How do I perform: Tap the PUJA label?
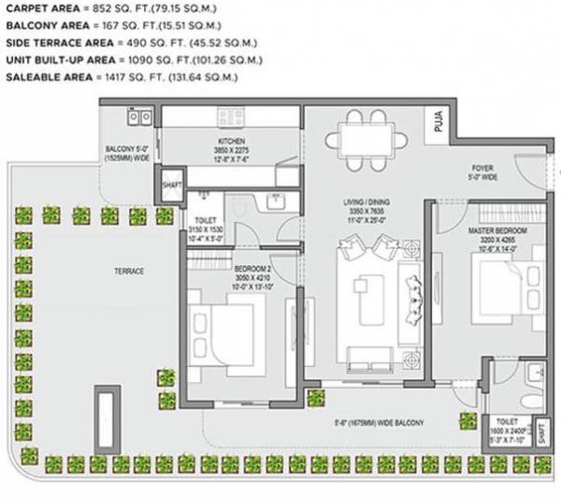click(x=438, y=121)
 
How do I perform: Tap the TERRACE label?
click(x=129, y=271)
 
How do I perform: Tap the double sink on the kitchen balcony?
click(x=141, y=117)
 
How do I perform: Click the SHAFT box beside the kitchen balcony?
click(x=170, y=182)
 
